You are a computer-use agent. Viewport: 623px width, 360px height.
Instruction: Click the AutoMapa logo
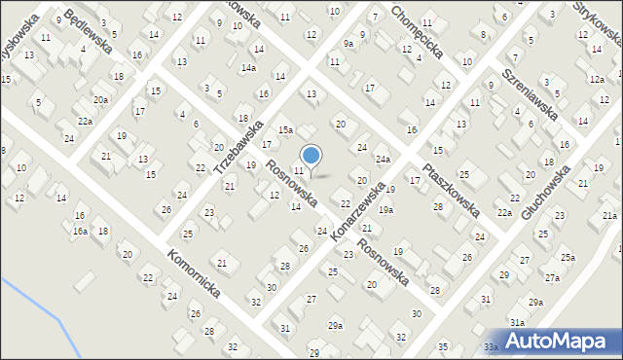point(559,341)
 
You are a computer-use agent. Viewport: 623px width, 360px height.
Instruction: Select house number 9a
point(348,44)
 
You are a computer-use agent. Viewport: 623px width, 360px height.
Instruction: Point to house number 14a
point(249,68)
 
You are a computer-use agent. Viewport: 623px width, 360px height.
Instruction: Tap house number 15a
point(285,129)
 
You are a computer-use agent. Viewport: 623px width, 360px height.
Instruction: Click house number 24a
point(384,160)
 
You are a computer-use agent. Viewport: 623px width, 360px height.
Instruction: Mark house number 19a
point(386,209)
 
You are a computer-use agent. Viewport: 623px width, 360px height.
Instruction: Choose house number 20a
point(101,99)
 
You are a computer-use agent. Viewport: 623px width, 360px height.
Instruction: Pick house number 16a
point(80,232)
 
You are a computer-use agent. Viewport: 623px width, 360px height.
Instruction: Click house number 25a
point(567,258)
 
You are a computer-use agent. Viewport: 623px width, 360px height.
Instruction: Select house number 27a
point(552,278)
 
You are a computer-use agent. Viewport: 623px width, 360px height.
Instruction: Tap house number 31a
point(517,322)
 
